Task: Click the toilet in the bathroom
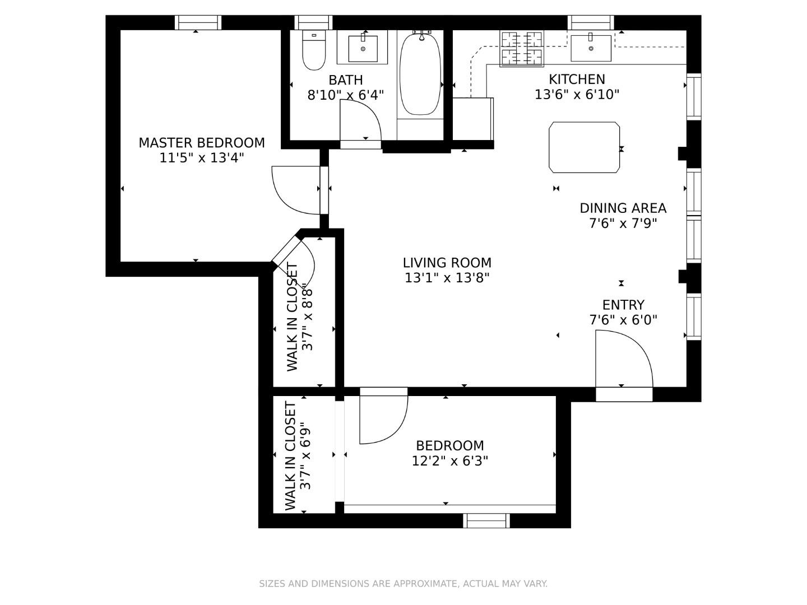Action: click(314, 51)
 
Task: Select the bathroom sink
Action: click(363, 48)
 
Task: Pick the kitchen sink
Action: click(591, 48)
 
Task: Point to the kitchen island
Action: click(584, 147)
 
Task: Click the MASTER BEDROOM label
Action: click(202, 143)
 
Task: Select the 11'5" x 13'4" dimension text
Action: click(202, 158)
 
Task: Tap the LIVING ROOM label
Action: click(447, 263)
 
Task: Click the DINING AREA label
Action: click(623, 208)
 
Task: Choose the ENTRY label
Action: click(623, 305)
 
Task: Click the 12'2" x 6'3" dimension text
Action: click(449, 461)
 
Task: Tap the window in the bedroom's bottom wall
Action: click(486, 521)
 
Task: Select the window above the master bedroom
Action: click(198, 22)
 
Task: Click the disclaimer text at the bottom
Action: click(403, 584)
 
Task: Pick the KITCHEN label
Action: click(577, 80)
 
